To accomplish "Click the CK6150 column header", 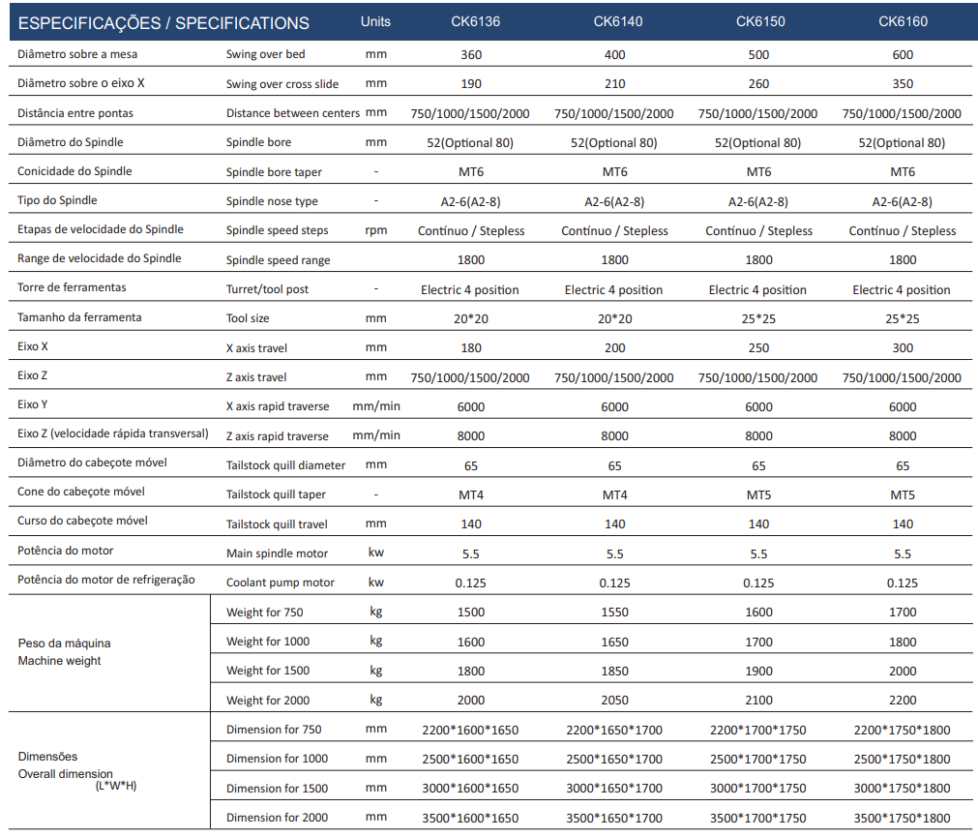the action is point(760,21).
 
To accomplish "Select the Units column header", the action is point(375,21).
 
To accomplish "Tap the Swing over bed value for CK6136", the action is point(471,55).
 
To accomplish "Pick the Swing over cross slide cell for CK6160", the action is point(903,83).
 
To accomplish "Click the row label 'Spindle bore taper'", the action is point(274,172).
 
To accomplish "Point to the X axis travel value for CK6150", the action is point(758,348).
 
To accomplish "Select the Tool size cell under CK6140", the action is point(614,318).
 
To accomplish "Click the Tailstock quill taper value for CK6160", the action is point(903,495).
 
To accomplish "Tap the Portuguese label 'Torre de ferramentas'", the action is point(72,287).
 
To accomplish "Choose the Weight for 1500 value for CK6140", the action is point(614,672).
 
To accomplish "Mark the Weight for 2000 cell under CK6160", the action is point(903,701).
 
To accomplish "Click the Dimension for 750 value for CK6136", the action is point(470,731).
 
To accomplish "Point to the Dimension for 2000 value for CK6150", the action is point(757,819).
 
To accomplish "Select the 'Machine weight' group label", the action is point(59,661).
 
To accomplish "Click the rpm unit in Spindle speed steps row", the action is point(376,230).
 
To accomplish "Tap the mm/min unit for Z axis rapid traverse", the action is point(376,435).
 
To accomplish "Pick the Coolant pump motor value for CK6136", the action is point(470,583).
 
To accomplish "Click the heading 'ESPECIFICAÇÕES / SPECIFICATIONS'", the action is point(163,23).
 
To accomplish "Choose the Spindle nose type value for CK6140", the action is point(614,202).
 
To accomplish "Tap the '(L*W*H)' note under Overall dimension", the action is point(116,786).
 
